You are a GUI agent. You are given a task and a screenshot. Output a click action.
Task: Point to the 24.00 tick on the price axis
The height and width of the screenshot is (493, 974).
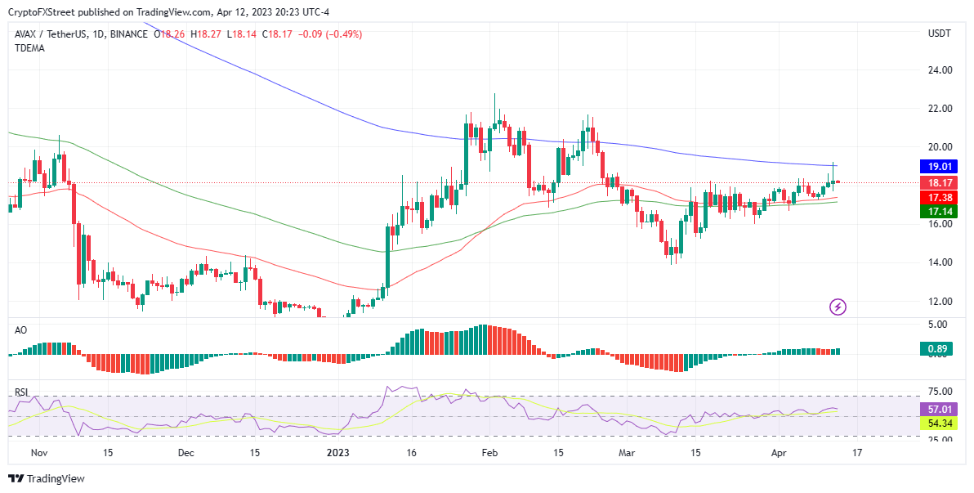click(x=940, y=70)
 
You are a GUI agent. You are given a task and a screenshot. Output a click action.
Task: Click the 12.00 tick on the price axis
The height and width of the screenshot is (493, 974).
click(x=940, y=301)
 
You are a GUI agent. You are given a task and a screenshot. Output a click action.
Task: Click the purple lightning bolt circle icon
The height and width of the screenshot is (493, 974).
click(x=838, y=307)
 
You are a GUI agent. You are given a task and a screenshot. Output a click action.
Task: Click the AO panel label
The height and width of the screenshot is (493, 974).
click(x=21, y=329)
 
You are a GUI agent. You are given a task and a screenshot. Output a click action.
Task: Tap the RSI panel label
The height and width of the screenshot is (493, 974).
click(x=21, y=392)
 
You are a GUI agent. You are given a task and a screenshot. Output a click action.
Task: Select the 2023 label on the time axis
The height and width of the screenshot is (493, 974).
click(x=339, y=452)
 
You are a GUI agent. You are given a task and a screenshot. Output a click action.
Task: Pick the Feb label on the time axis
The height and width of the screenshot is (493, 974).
click(x=489, y=452)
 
